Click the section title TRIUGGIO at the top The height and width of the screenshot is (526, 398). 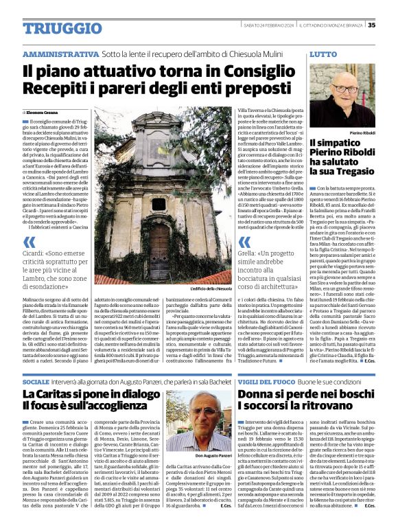(52, 28)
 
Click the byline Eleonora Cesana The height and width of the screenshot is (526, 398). (44, 112)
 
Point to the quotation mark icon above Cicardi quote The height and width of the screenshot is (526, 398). (29, 241)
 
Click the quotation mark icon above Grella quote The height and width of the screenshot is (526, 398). (244, 241)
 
